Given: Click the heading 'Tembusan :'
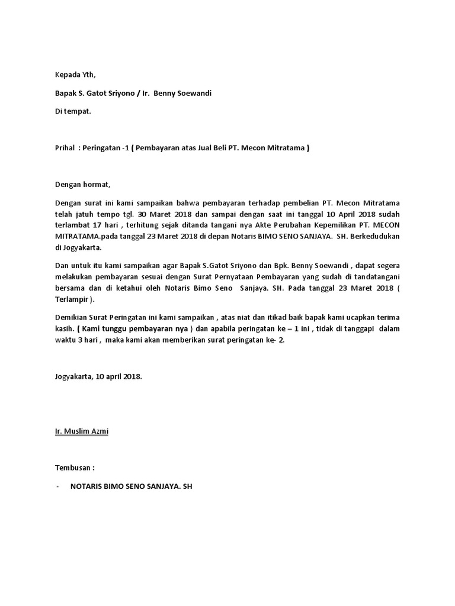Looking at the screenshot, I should tap(75, 468).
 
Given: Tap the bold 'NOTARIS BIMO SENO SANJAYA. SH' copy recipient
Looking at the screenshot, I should tap(132, 486).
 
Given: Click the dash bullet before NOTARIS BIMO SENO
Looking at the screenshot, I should tap(57, 486).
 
